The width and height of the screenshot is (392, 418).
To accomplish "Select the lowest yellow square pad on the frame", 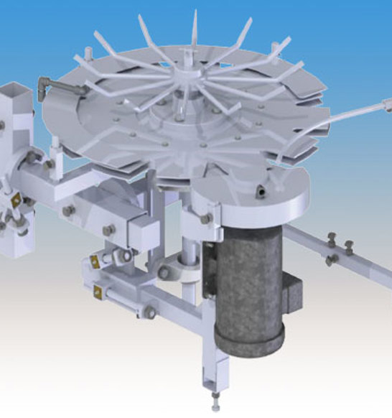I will [x=97, y=290].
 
